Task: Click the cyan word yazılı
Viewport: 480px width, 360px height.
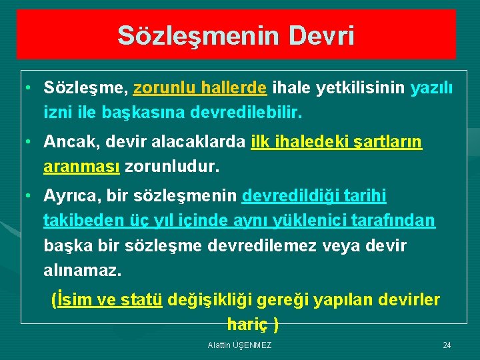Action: [x=431, y=88]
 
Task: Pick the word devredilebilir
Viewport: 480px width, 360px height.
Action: [x=247, y=113]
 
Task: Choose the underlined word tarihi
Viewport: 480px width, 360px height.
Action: [x=363, y=196]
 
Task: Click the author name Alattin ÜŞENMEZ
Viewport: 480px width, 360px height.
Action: [x=239, y=345]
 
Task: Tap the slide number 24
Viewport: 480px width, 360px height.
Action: [x=447, y=345]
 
